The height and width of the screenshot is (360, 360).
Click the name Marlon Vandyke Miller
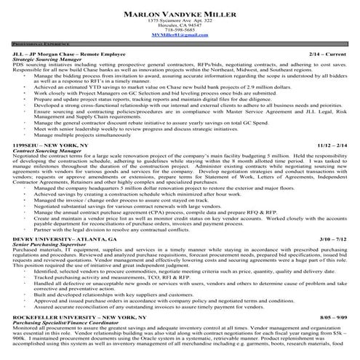click(180, 14)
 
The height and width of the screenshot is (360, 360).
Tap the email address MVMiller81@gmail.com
click(180, 36)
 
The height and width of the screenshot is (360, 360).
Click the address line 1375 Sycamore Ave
click(180, 21)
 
